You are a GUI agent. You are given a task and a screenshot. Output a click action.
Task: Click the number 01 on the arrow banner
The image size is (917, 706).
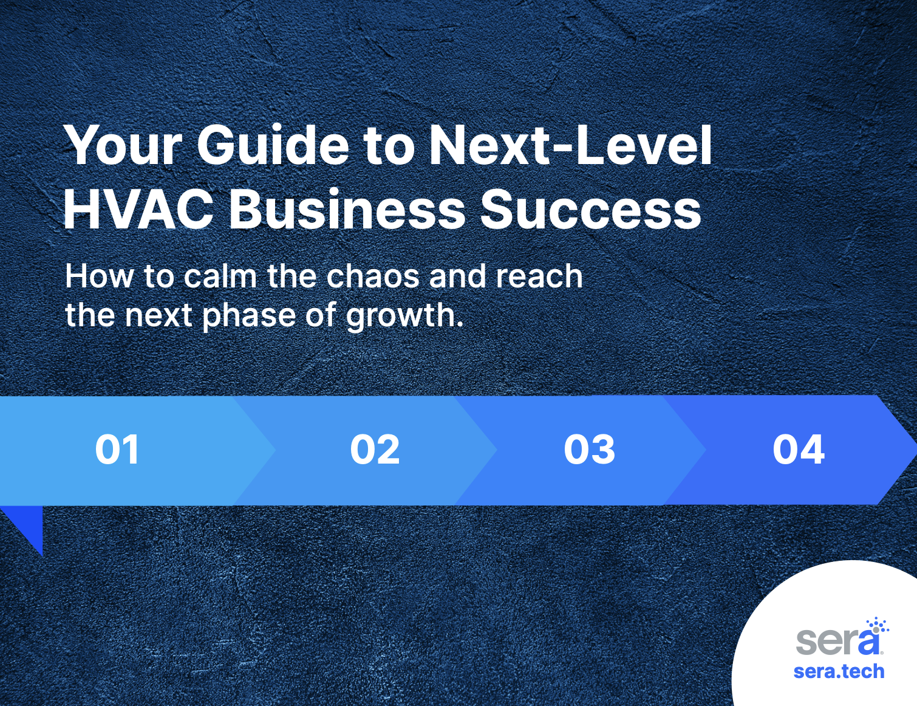coord(117,450)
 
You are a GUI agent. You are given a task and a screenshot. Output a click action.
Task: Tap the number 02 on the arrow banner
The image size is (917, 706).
coord(375,450)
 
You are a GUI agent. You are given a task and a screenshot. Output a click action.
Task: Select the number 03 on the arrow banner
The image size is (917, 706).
coord(590,450)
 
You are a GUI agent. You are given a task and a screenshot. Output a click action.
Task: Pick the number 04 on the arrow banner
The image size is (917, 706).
coord(799,450)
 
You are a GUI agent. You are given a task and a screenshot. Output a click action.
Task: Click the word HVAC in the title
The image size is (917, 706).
coord(138,210)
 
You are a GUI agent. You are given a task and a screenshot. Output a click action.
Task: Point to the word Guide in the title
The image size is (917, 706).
coord(273,145)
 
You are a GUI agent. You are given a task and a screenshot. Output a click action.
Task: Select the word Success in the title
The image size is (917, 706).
coord(591,210)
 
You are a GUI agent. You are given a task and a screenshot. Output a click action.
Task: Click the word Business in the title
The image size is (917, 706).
coord(347,210)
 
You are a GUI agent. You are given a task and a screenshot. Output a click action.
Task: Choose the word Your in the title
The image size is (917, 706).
coord(123,145)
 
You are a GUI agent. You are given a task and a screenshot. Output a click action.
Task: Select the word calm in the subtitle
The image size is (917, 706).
coord(220,276)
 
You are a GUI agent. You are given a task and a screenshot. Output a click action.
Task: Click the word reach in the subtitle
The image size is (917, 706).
coord(539,276)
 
